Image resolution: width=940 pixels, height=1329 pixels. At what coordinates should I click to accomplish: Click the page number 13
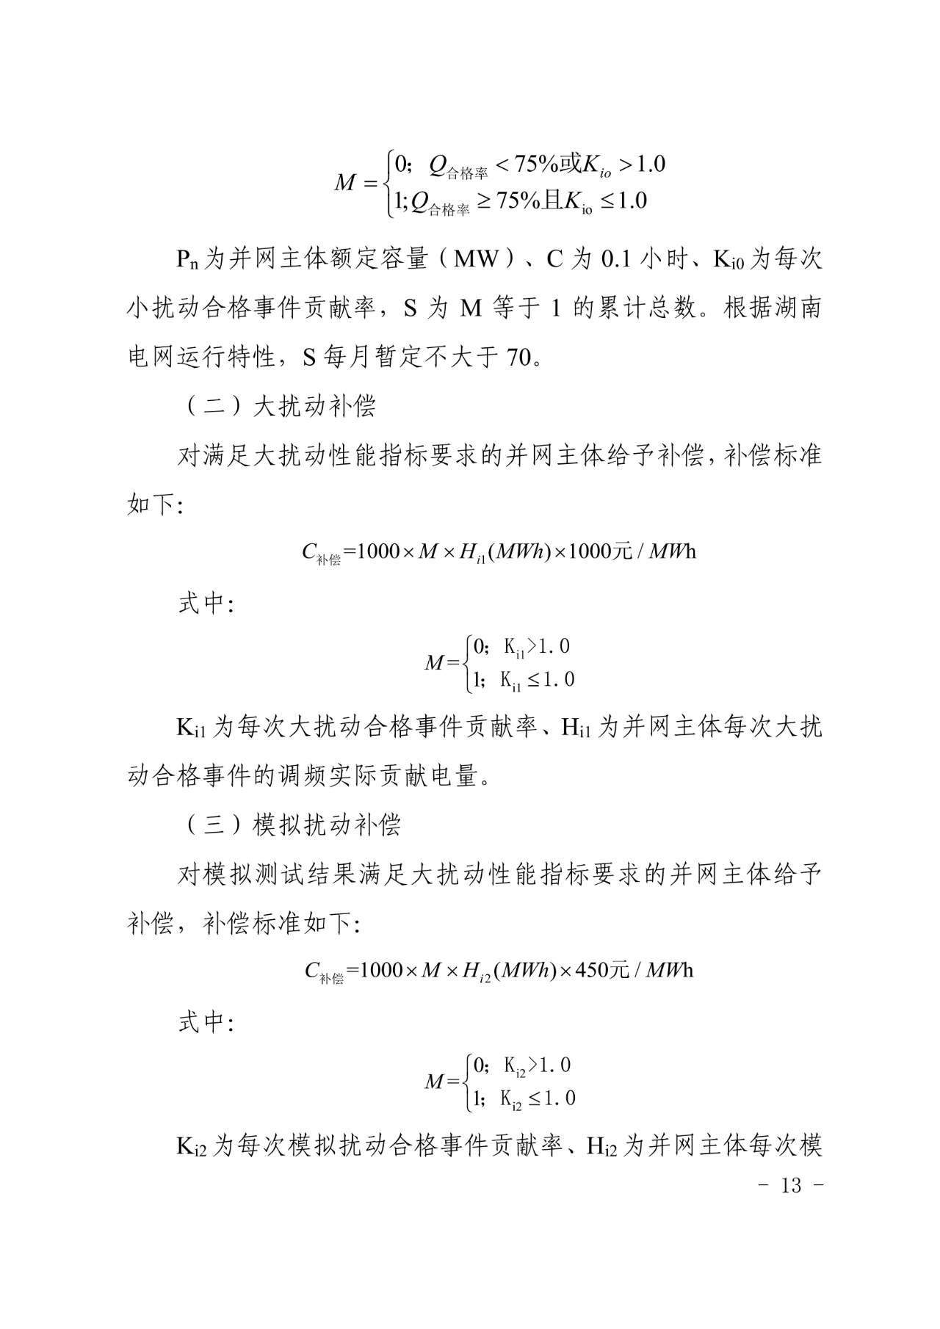791,1186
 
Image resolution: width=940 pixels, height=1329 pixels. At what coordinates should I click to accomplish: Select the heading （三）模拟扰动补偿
289,825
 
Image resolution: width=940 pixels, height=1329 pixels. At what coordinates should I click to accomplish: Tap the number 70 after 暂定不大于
518,358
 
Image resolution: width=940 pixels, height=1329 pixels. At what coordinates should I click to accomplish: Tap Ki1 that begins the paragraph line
192,728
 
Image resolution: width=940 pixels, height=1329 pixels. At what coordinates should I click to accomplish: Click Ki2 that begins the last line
192,1146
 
